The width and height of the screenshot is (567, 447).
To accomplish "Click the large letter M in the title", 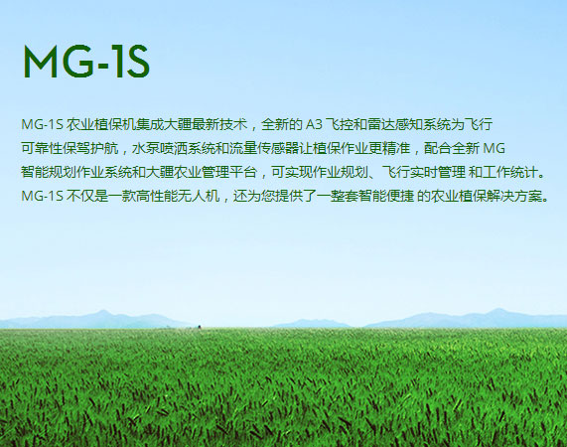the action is pyautogui.click(x=40, y=62).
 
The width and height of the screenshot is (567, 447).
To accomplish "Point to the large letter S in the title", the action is pyautogui.click(x=137, y=62).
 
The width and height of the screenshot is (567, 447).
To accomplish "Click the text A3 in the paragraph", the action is pyautogui.click(x=314, y=125).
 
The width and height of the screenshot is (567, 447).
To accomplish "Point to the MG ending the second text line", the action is pyautogui.click(x=494, y=149).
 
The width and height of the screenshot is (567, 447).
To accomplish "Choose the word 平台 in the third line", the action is pyautogui.click(x=243, y=173).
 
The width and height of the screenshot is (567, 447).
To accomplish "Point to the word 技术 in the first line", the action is pyautogui.click(x=233, y=125).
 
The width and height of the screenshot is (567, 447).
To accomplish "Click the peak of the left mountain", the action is pyautogui.click(x=103, y=311).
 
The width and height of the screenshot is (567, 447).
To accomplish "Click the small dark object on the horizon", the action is pyautogui.click(x=199, y=327).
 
